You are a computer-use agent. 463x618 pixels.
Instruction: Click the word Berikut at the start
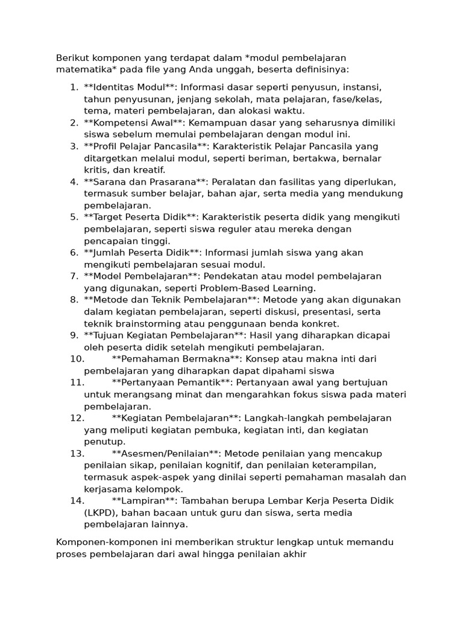pos(73,58)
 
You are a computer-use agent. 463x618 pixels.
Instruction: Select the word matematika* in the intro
pos(84,69)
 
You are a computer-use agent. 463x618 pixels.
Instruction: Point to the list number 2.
pos(74,123)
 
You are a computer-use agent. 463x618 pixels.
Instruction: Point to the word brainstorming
pos(142,323)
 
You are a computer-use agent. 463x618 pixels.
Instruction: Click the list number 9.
pos(74,335)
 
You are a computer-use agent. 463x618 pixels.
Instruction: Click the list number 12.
pos(77,418)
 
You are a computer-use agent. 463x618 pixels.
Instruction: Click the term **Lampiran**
pos(144,501)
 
